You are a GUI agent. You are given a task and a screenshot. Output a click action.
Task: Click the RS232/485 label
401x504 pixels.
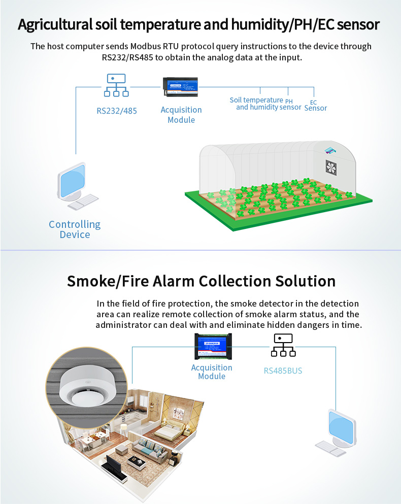tap(117, 110)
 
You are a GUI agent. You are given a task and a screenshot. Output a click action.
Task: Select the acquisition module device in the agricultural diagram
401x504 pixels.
tap(181, 87)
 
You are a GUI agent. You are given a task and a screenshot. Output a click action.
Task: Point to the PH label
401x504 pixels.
tap(289, 101)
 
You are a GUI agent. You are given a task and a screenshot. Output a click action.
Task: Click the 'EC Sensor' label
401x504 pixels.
tap(315, 106)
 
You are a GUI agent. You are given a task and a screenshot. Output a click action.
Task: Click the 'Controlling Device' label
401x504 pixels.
tap(75, 229)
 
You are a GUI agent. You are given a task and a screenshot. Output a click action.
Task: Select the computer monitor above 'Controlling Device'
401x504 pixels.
tap(72, 182)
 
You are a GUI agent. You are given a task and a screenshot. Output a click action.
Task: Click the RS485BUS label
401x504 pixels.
tap(283, 371)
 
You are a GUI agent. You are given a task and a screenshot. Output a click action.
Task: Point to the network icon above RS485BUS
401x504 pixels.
tap(283, 346)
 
